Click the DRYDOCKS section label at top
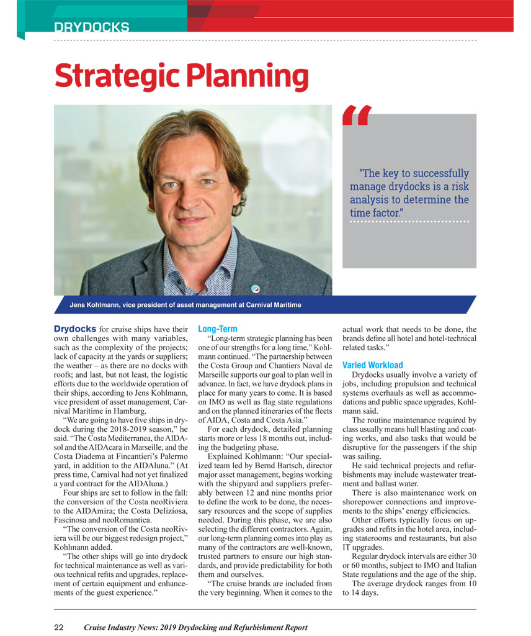point(91,27)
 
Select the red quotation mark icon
point(357,116)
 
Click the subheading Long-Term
point(217,329)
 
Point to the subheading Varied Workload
point(372,365)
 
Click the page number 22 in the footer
point(59,627)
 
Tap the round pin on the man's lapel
point(256,288)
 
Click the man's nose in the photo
point(194,193)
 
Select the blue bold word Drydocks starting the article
point(75,329)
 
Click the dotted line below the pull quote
point(409,222)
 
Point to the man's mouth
point(194,216)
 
